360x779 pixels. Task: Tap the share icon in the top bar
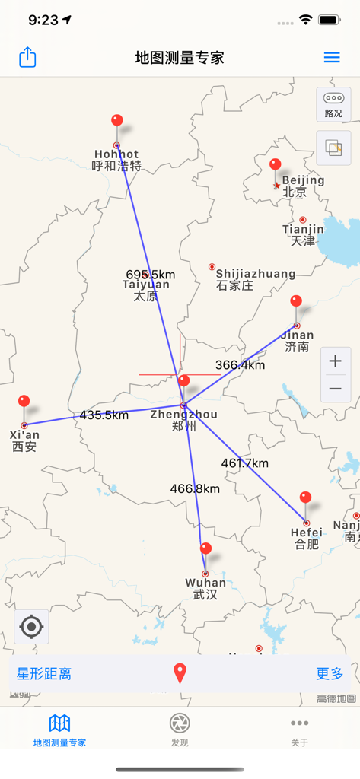27,58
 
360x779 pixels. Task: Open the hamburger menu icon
332,58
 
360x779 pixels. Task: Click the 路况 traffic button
333,104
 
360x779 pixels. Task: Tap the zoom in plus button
335,361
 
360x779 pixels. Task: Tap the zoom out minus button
335,389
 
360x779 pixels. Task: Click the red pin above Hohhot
117,122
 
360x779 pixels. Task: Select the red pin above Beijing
276,165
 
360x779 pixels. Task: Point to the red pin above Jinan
296,302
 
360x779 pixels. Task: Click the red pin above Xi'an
24,402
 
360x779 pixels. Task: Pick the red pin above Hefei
306,498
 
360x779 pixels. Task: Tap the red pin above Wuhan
205,549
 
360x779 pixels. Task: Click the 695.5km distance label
151,275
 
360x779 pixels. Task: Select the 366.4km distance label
241,365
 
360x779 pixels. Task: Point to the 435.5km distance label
104,415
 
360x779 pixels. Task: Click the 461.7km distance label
245,463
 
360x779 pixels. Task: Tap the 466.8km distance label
195,489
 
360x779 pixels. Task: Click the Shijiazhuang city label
255,274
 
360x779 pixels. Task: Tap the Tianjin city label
303,230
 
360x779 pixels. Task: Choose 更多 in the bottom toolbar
330,674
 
